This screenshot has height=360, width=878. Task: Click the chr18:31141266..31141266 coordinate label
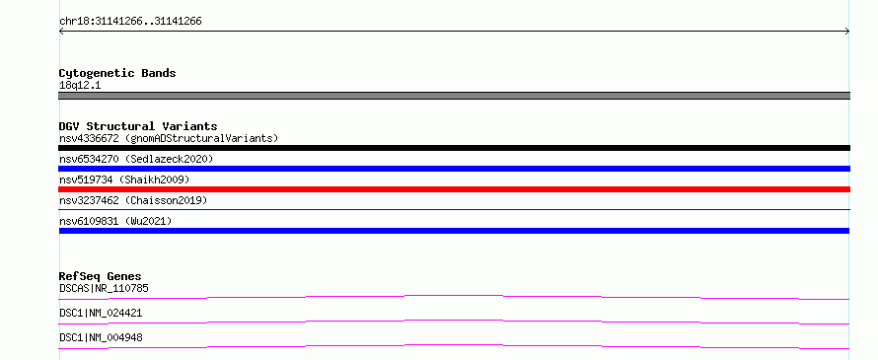click(130, 22)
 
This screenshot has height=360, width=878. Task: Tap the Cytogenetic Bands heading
click(117, 73)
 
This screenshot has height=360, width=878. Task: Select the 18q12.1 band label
click(80, 86)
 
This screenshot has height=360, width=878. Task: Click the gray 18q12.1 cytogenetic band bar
click(454, 96)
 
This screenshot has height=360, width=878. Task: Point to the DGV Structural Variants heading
click(138, 126)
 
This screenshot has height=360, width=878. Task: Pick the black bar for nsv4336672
click(454, 148)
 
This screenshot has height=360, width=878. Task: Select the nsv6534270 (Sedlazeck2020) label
click(136, 159)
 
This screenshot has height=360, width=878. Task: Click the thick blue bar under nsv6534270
click(454, 169)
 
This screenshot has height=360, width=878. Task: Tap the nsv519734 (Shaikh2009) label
click(124, 180)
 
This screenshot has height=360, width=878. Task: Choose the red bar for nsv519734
click(454, 189)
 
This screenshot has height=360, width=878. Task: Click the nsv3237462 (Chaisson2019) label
click(133, 200)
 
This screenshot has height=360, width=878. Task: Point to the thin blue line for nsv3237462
click(454, 209)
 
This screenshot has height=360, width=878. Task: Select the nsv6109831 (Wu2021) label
click(115, 221)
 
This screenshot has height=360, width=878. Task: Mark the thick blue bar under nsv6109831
click(454, 231)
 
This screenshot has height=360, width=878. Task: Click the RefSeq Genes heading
click(101, 276)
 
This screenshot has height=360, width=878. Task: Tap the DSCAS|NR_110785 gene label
click(104, 288)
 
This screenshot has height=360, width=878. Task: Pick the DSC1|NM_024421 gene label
click(101, 313)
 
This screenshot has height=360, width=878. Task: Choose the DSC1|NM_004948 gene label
click(101, 337)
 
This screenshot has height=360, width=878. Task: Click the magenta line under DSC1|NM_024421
click(454, 321)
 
